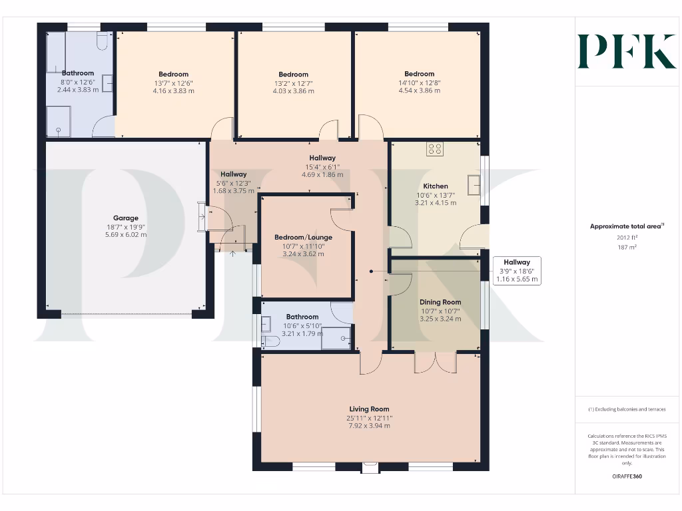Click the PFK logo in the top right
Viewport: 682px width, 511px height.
(x=626, y=51)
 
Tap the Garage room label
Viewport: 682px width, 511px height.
(x=126, y=218)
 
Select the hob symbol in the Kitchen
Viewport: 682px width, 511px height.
(x=435, y=149)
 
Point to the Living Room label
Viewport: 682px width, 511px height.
(x=369, y=409)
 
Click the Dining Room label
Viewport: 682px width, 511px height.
(x=440, y=301)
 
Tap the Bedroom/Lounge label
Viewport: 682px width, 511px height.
(x=303, y=238)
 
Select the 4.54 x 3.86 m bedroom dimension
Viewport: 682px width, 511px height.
(x=419, y=90)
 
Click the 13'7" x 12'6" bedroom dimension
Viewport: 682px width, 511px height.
(x=173, y=83)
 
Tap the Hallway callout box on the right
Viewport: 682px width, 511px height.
(x=516, y=271)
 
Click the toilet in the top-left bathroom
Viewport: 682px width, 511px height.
(x=102, y=42)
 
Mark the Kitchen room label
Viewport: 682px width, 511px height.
(x=436, y=186)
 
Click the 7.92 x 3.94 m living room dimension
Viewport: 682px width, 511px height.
(x=369, y=426)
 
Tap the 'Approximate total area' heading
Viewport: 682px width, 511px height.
(x=626, y=226)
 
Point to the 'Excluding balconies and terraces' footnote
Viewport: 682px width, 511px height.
(x=626, y=409)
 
